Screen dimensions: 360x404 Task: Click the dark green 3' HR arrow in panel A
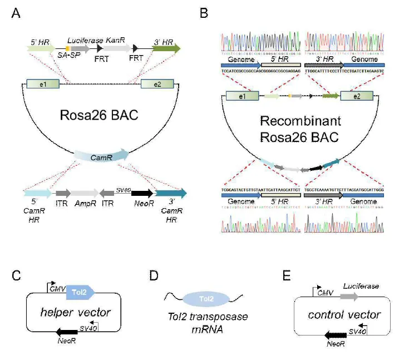tap(166, 49)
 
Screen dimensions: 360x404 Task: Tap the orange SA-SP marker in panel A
tap(67, 50)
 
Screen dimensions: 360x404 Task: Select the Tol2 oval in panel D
tap(206, 299)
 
